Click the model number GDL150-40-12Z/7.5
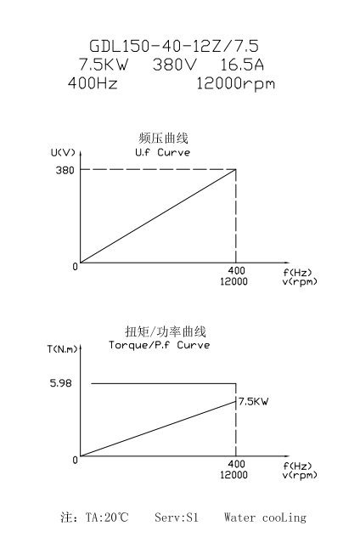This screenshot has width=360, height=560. click(x=174, y=46)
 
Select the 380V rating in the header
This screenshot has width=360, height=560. click(x=174, y=65)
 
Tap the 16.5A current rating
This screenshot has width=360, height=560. click(x=241, y=65)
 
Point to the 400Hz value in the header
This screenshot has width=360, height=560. click(x=93, y=83)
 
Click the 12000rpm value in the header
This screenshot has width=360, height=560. click(x=236, y=84)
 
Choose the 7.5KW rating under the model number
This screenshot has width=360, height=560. click(x=103, y=65)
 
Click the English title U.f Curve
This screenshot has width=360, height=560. click(x=162, y=152)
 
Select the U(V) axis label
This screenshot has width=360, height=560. click(x=63, y=153)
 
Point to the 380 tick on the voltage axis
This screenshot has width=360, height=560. click(x=65, y=170)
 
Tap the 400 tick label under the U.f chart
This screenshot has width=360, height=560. click(x=237, y=270)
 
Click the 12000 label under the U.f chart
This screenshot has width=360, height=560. click(x=233, y=281)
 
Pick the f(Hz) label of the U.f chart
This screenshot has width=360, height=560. click(x=297, y=273)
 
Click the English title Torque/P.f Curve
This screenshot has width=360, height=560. click(x=159, y=345)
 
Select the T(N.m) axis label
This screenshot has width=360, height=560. click(x=63, y=349)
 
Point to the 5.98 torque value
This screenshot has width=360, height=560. click(x=60, y=383)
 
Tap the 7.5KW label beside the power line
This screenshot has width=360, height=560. click(x=253, y=401)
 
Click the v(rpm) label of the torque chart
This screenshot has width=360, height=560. click(x=300, y=475)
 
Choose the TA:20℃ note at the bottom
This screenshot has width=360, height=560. click(x=107, y=518)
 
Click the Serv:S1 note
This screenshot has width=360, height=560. click(x=177, y=518)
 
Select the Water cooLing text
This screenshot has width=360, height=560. click(x=265, y=518)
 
